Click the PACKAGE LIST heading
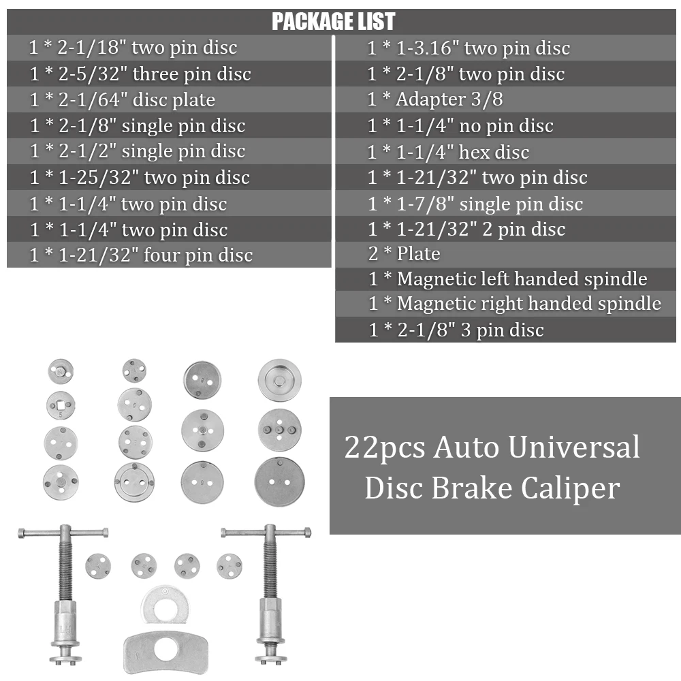333,21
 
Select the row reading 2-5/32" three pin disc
140,74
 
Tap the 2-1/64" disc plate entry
123,100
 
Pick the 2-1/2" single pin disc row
138,151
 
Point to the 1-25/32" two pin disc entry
140,177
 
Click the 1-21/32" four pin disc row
141,255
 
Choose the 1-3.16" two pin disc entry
469,48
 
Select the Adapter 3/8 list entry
435,99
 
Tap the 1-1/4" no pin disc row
460,125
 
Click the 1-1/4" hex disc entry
448,152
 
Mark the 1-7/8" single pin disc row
475,204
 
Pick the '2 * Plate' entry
405,253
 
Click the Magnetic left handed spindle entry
508,279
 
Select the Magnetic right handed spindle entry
515,304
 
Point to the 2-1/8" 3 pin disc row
456,330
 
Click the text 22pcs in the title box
385,447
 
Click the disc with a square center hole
61,405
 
